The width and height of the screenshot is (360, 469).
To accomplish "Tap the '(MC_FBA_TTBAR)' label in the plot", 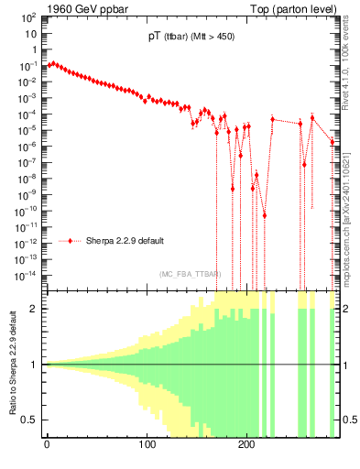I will [191, 274].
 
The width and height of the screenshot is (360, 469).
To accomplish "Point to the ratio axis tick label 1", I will [35, 365].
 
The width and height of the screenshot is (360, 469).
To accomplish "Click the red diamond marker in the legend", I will [71, 241].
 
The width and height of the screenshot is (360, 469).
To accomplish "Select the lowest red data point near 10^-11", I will [264, 215].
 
